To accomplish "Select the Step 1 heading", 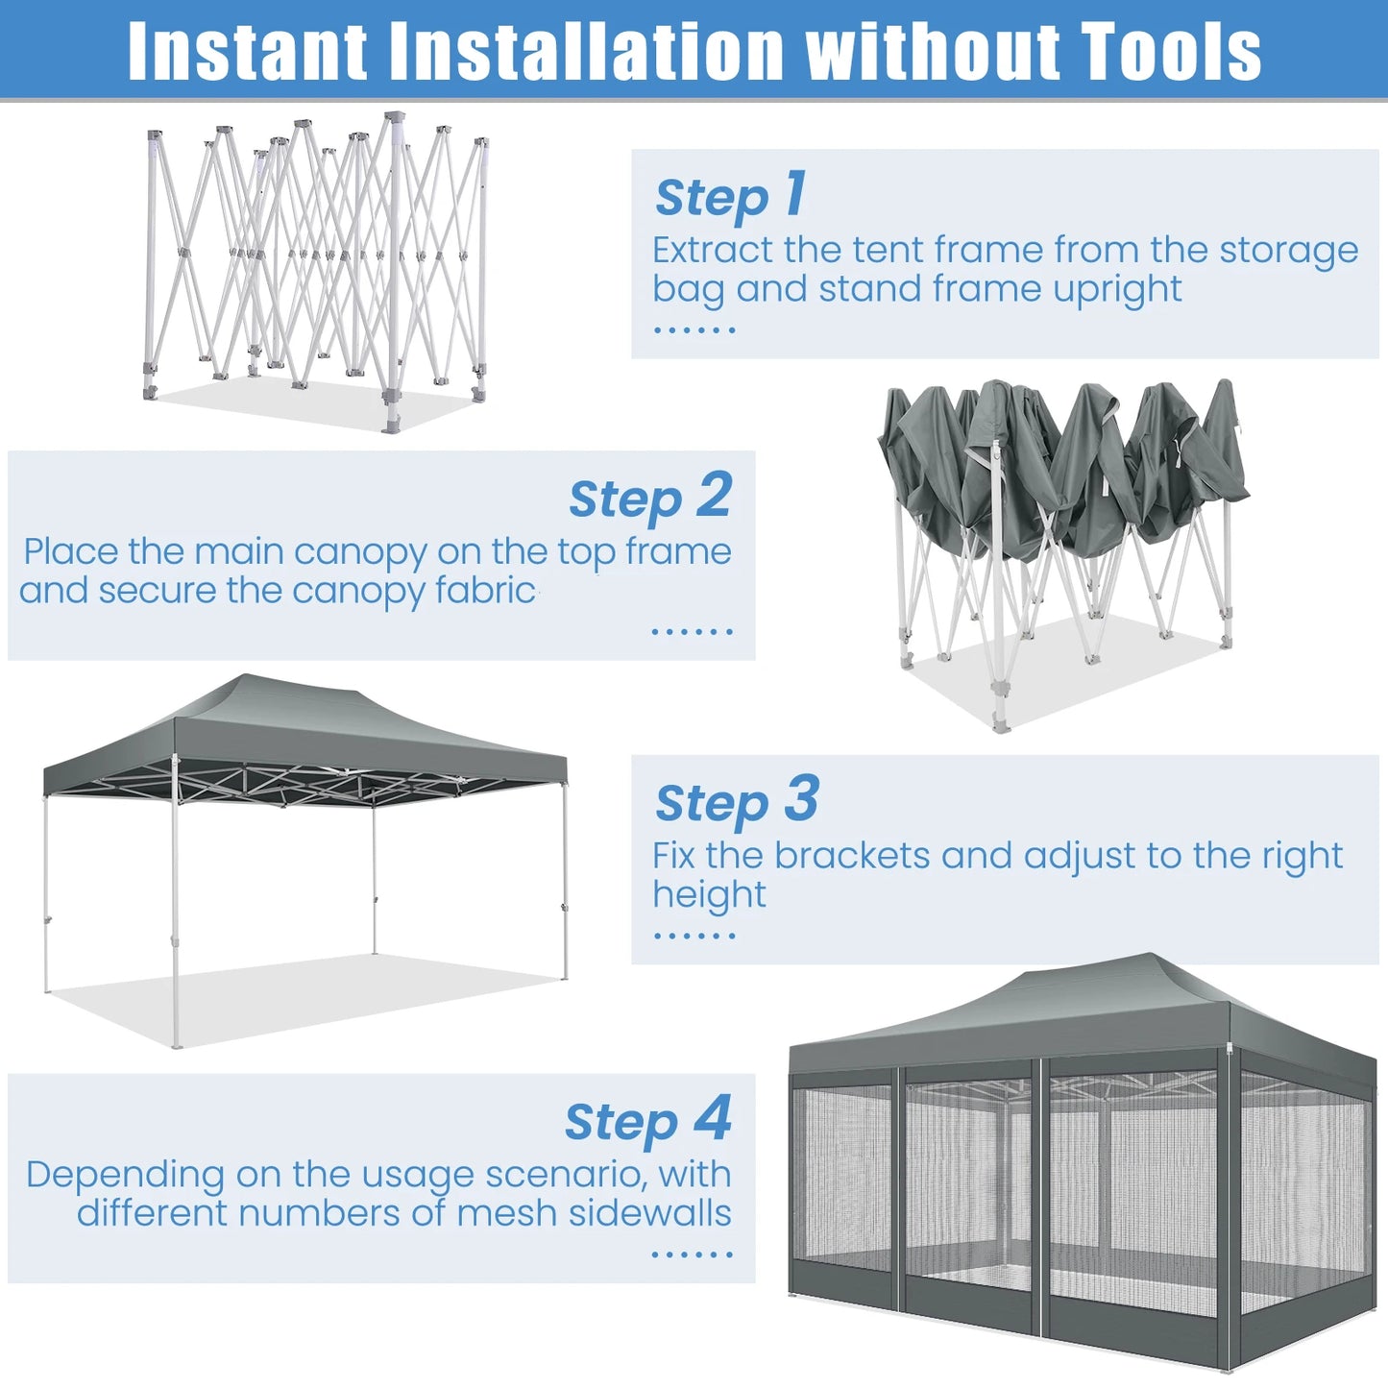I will (730, 196).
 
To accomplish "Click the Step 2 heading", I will (650, 498).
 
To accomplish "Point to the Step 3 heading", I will (737, 801).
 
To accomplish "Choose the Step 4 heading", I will (648, 1121).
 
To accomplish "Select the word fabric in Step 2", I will (485, 591).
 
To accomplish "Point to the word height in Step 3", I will (709, 895).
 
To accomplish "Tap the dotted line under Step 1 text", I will (694, 330).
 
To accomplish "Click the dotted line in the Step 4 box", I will (692, 1254).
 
